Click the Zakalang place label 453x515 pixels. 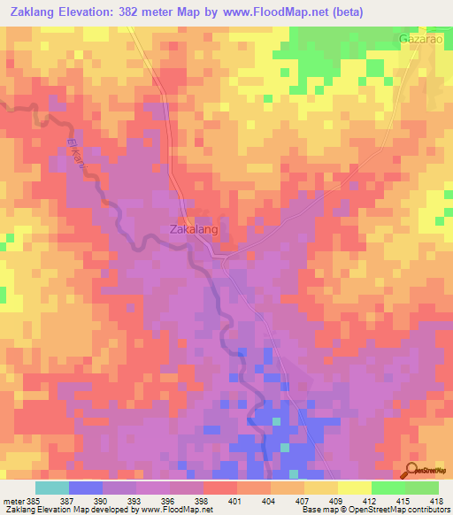(x=193, y=228)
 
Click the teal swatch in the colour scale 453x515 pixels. (x=52, y=488)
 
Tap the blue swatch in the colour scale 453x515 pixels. (x=86, y=488)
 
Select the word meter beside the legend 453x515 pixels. (x=14, y=499)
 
